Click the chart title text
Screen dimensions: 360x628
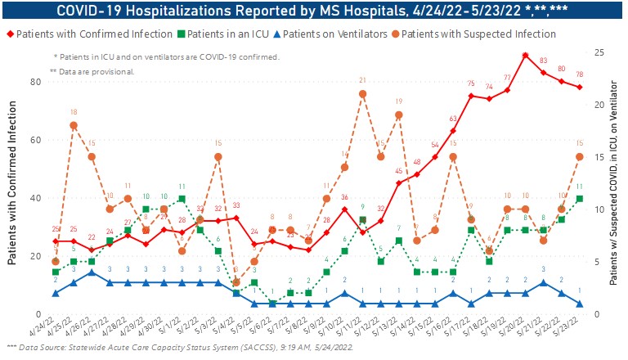pos(314,10)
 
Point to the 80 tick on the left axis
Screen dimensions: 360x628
pos(37,82)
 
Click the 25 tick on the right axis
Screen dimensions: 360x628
pos(599,52)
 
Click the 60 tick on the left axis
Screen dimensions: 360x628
pos(37,140)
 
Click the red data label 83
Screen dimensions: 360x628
pos(543,61)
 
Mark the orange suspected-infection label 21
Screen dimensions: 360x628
pos(361,81)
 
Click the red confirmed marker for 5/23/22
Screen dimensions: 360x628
pos(580,88)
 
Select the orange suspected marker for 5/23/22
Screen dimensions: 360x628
pos(580,156)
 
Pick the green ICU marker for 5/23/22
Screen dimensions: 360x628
pos(580,199)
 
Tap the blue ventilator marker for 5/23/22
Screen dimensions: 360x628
pos(580,304)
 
